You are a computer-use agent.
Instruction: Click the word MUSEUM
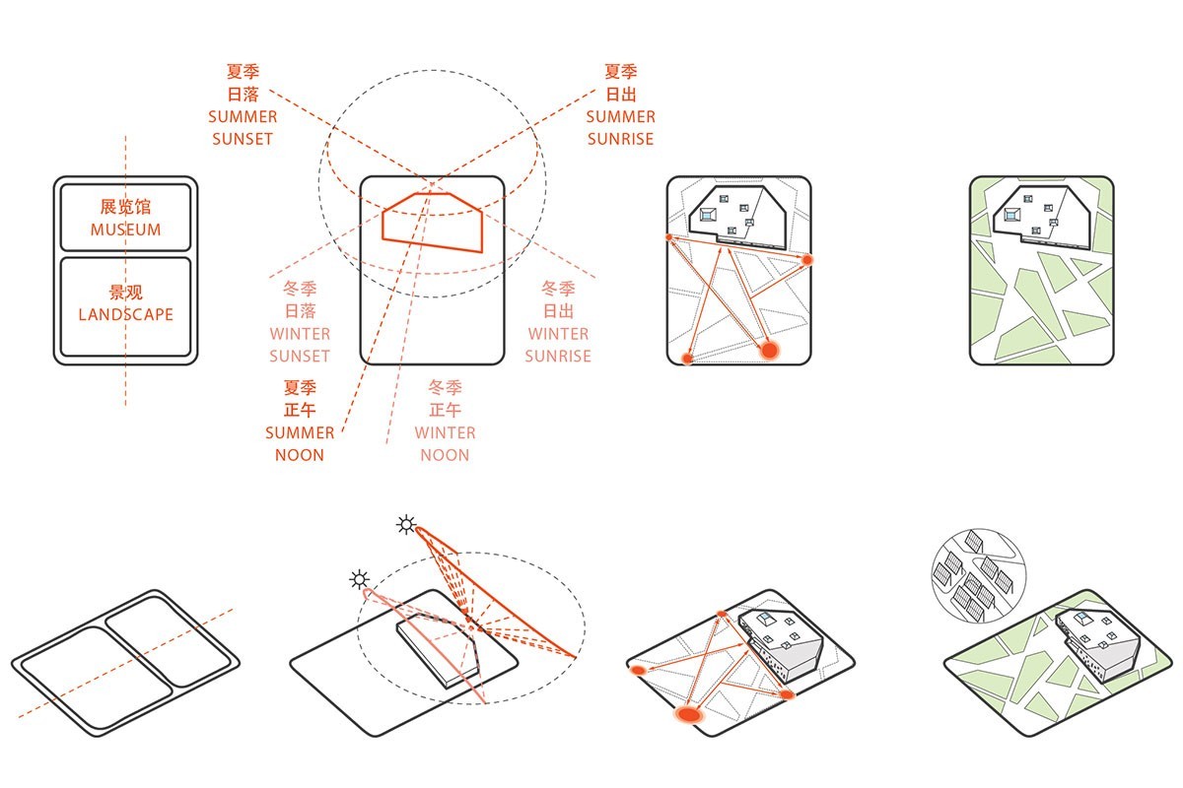(x=126, y=230)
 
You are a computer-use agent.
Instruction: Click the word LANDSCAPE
(x=126, y=314)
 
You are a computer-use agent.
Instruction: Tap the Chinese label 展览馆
(x=126, y=207)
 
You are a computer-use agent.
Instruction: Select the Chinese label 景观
(x=126, y=292)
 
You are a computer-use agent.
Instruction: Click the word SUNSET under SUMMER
(x=243, y=139)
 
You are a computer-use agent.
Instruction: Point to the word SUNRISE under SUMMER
(x=620, y=139)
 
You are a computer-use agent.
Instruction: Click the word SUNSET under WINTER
(x=300, y=357)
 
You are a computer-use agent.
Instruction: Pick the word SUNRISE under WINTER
(x=558, y=357)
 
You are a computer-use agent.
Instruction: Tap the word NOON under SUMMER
(x=300, y=455)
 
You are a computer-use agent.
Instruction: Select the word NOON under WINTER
(x=445, y=455)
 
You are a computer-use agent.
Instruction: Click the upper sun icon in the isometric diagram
(x=406, y=525)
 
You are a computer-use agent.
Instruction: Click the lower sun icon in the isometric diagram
(x=359, y=579)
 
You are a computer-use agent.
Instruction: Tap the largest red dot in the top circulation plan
(x=770, y=350)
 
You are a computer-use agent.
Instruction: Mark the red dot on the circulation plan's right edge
(x=807, y=260)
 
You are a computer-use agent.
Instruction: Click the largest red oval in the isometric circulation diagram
(x=689, y=715)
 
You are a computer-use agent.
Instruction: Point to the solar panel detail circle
(x=979, y=576)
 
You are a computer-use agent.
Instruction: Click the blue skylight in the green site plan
(x=1010, y=215)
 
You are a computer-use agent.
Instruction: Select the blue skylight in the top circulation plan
(x=707, y=215)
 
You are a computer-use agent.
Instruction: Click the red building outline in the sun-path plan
(x=432, y=223)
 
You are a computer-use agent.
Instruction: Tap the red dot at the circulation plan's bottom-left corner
(x=686, y=359)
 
